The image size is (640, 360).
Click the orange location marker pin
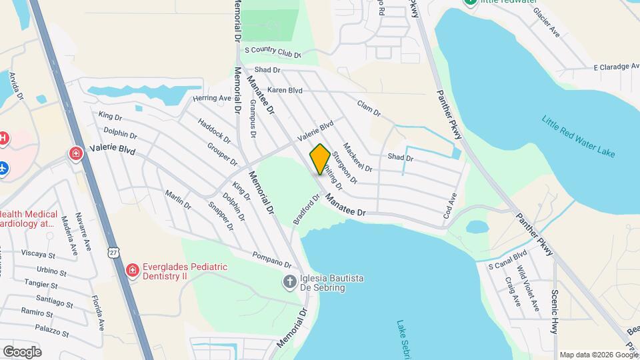point(320,159)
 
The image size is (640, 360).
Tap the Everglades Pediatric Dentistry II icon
point(132,271)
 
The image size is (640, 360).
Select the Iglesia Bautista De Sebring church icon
point(289,281)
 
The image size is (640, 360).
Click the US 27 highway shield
point(115,251)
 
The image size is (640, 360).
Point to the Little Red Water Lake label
point(577,137)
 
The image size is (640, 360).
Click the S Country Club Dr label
point(273,51)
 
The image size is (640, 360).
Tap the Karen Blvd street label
point(285,90)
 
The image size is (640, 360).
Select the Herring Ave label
point(211,98)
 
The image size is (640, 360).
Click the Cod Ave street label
point(451,207)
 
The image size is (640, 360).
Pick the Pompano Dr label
point(272,260)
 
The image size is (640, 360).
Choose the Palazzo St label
point(53,328)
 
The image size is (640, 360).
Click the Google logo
point(22,351)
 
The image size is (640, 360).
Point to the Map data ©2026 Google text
point(599,355)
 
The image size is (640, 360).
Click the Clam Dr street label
point(369,109)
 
